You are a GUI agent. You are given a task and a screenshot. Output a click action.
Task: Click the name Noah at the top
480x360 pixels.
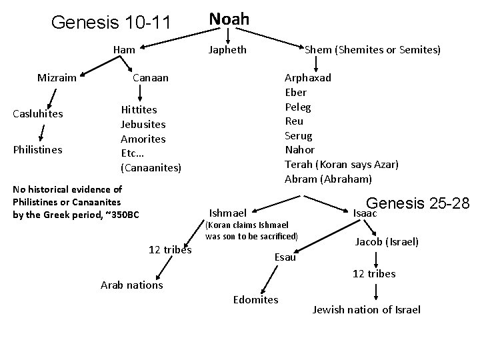229,19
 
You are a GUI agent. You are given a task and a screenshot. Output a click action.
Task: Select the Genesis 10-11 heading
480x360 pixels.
111,23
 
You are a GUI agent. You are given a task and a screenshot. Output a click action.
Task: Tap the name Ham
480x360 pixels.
124,49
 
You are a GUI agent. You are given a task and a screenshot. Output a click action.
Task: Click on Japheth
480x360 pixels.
227,49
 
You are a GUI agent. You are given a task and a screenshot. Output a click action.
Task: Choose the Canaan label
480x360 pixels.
151,78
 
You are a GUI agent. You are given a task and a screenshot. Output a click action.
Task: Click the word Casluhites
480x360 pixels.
38,113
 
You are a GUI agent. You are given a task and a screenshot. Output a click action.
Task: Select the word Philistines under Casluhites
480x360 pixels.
38,149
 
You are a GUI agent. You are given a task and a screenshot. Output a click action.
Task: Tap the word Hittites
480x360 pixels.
139,109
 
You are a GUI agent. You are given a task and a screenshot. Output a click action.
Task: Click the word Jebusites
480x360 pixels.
143,124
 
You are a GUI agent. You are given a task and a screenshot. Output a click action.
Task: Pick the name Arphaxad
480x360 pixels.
307,77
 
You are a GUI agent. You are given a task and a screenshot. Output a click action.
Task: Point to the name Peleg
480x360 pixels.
297,107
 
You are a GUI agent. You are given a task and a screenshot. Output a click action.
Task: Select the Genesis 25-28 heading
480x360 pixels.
418,203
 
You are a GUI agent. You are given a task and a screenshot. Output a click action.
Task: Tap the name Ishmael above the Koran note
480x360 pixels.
227,213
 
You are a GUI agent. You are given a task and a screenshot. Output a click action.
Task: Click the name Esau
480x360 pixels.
285,257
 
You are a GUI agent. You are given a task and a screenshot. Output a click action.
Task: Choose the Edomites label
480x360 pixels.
256,299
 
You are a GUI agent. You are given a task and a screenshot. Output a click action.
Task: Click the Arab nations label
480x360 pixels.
131,285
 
